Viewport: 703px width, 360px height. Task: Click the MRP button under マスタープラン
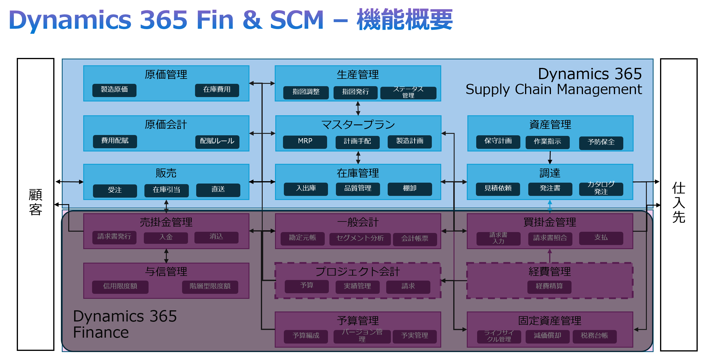305,141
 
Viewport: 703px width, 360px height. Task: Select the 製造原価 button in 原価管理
114,90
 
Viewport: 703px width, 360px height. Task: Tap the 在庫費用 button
217,90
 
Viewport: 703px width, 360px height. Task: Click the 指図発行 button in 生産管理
355,92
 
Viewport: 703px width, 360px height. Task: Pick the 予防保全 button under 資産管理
601,142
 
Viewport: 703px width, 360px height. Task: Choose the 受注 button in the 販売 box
115,190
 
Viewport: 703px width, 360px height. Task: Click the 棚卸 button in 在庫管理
409,189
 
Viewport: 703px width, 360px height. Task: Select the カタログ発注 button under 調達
601,189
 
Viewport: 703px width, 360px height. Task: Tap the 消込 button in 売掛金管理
216,237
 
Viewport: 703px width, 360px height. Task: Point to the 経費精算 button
549,286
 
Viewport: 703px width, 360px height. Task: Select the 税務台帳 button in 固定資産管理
594,336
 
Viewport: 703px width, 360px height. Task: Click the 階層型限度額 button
210,286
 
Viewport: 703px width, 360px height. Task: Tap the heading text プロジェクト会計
358,271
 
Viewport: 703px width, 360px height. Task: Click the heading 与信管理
166,271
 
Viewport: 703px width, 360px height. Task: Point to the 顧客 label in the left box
36,202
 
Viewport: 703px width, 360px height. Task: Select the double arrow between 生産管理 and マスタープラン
358,108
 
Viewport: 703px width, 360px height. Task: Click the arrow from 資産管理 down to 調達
550,157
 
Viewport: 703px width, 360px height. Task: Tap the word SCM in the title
297,20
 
